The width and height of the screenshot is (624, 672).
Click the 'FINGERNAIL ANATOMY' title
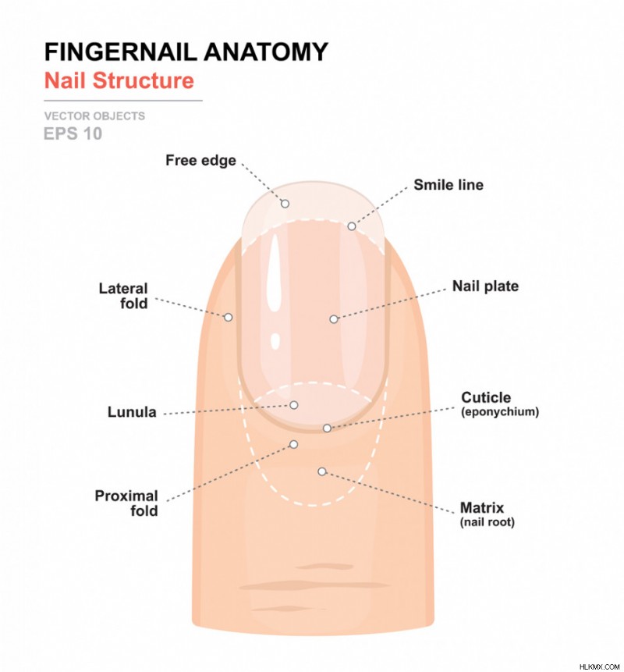click(x=186, y=52)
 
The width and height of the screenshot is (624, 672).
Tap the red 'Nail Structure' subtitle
click(x=119, y=80)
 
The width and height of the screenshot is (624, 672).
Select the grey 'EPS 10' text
click(x=73, y=133)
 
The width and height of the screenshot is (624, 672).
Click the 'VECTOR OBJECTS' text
click(x=94, y=116)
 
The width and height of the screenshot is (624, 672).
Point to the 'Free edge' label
click(x=200, y=161)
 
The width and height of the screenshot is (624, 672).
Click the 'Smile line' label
click(x=448, y=185)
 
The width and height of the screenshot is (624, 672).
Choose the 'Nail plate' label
click(x=485, y=286)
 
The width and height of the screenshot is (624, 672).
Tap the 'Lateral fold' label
click(x=123, y=296)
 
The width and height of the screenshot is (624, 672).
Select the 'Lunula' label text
click(x=132, y=412)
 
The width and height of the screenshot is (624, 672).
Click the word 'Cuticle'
click(x=486, y=397)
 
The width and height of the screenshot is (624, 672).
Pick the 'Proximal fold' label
click(x=126, y=503)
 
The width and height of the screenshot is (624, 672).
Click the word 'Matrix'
click(x=482, y=508)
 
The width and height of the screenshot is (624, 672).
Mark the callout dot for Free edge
click(x=285, y=204)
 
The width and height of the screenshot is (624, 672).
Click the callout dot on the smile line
click(x=352, y=226)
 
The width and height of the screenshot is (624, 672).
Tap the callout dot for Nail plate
click(x=334, y=319)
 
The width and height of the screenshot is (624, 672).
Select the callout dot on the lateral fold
click(x=229, y=317)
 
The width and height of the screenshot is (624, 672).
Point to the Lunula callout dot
click(x=294, y=405)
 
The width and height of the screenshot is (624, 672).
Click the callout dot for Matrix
click(x=322, y=471)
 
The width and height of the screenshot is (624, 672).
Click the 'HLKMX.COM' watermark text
click(x=599, y=667)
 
